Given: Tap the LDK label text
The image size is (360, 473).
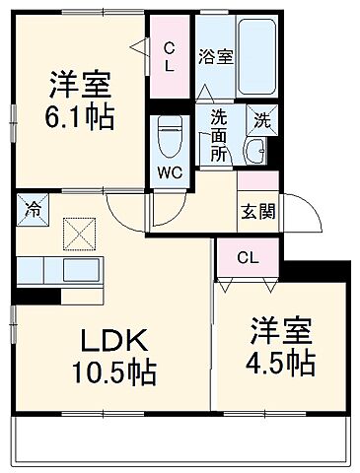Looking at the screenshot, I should point(114,342).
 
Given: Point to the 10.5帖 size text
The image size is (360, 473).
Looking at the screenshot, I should point(114,373).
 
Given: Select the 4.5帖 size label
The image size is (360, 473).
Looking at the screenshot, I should point(282,363).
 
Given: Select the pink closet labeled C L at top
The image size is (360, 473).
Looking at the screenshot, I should point(169,57).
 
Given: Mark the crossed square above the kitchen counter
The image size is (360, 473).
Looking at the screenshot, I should point(77,235).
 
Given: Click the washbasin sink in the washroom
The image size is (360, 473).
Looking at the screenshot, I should point(255,151).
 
